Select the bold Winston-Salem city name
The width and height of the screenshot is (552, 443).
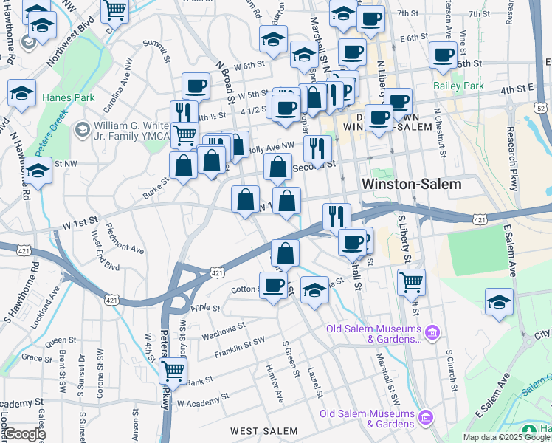(412, 184)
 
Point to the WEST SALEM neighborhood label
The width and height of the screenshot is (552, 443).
(263, 430)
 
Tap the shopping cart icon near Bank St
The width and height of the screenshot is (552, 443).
(173, 369)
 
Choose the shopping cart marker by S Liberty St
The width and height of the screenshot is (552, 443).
(411, 281)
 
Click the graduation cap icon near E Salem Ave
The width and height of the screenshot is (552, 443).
(500, 301)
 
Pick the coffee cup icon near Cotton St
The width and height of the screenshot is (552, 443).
(274, 284)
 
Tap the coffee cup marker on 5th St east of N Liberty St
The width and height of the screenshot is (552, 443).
(444, 55)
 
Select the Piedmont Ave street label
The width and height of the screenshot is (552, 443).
(125, 238)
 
